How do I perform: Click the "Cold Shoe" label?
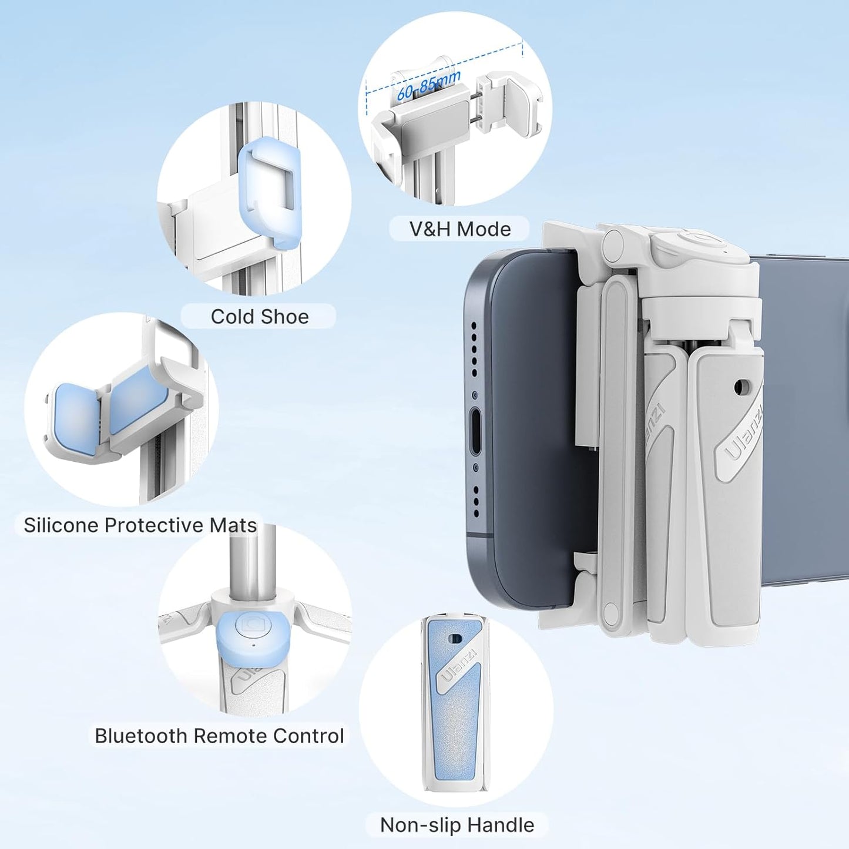tap(259, 317)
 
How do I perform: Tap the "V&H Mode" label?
tap(459, 229)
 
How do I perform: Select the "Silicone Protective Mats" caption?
tap(140, 525)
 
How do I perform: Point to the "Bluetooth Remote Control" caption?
tap(219, 736)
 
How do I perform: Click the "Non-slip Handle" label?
tap(457, 825)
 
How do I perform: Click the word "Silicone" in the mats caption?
tap(61, 525)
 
